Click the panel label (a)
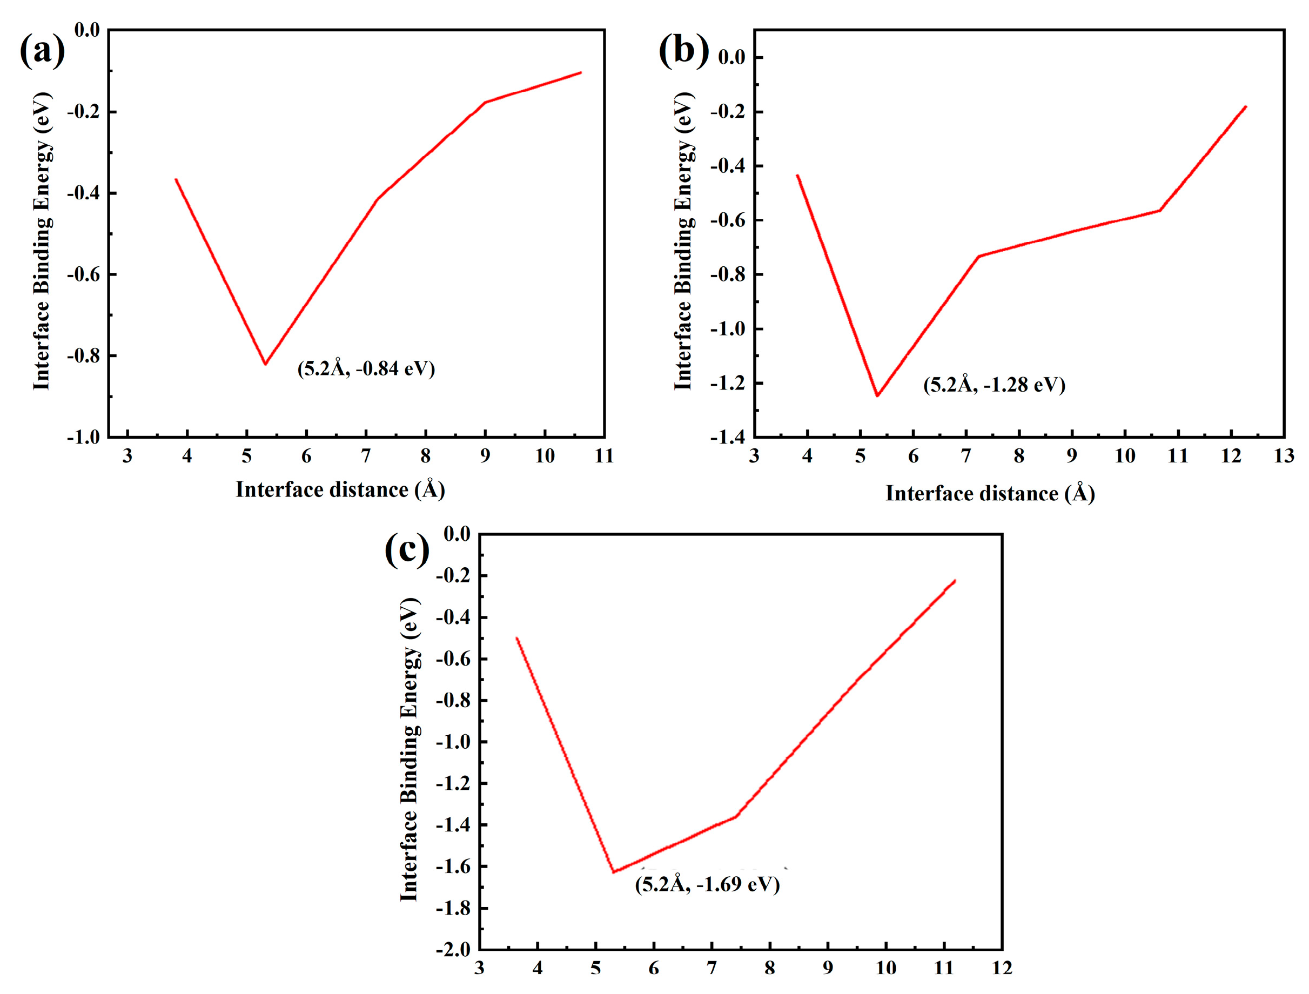click(42, 51)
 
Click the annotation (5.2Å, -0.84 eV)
click(366, 368)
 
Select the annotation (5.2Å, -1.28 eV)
click(994, 385)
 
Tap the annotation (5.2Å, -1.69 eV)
click(707, 884)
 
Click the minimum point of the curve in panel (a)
click(266, 364)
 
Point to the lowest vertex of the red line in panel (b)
click(877, 396)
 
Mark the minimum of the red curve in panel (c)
click(614, 871)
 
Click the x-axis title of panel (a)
click(340, 490)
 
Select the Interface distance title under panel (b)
click(990, 493)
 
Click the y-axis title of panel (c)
click(410, 750)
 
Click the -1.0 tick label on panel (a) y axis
click(83, 437)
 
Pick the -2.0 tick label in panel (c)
click(453, 950)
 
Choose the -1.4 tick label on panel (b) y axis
click(728, 437)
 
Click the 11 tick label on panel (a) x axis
click(604, 456)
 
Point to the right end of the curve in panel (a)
click(581, 73)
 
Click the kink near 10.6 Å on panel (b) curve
click(1159, 210)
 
